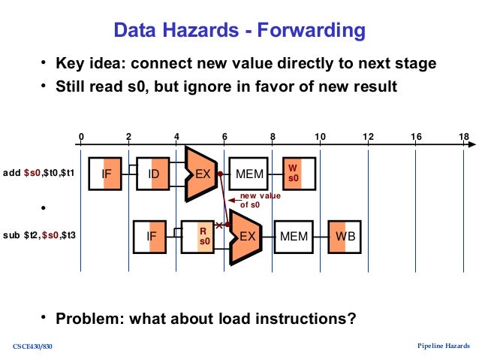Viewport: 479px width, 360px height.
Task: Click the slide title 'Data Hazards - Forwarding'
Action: point(239,30)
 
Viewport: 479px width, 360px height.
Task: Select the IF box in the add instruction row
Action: point(107,174)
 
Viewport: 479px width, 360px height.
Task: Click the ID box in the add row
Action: point(154,174)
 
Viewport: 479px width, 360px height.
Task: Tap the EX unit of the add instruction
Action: point(201,174)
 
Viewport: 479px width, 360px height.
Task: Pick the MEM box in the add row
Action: point(249,174)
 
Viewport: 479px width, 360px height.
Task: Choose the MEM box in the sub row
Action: point(294,235)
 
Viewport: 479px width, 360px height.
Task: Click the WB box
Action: point(345,235)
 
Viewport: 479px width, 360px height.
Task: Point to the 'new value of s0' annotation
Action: point(259,200)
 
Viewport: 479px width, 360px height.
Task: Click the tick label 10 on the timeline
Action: point(320,136)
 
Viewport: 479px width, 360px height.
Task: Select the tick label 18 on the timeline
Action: point(463,136)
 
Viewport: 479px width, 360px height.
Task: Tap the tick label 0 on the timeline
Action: point(81,136)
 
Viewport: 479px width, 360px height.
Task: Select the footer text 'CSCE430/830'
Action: point(32,346)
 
